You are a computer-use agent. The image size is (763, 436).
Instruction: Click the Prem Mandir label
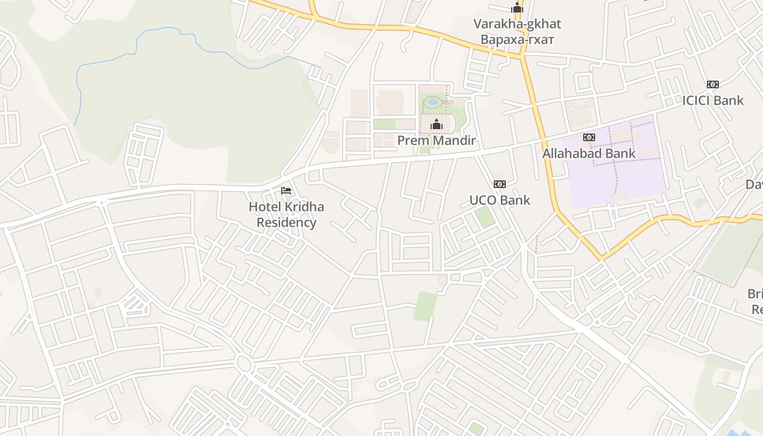(x=437, y=141)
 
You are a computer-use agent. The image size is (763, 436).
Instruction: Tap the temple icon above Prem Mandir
(x=436, y=125)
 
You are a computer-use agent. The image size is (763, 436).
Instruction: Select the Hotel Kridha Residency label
(x=286, y=215)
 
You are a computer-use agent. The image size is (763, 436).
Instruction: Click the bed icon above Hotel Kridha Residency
(x=286, y=191)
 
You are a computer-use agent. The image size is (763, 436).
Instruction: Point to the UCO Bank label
(x=500, y=200)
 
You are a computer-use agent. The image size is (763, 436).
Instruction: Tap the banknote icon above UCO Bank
(x=500, y=184)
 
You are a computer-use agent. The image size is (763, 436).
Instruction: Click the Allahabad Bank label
(x=589, y=153)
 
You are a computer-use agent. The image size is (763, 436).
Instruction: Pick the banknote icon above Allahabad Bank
(x=589, y=137)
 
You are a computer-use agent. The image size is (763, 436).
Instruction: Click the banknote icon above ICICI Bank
(x=713, y=84)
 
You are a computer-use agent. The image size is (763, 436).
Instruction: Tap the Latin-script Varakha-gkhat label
(x=517, y=24)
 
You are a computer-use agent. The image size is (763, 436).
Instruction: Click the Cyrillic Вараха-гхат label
(x=517, y=40)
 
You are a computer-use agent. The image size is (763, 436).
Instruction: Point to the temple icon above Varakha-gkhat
(x=517, y=8)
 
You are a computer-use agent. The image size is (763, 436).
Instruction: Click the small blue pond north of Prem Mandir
(x=433, y=101)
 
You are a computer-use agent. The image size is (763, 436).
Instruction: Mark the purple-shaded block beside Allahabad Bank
(x=616, y=180)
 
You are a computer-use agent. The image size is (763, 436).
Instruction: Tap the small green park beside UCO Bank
(x=484, y=217)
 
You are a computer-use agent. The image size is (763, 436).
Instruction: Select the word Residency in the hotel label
(x=286, y=222)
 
